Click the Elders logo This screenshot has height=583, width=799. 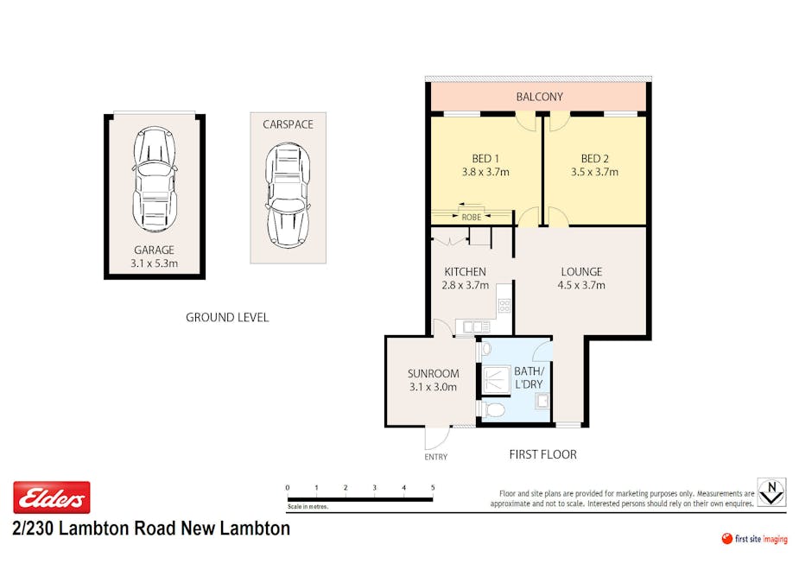pos(52,497)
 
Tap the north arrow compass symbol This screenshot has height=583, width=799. pos(771,491)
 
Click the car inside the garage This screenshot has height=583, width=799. pos(154,180)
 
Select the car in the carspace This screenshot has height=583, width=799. pos(288,196)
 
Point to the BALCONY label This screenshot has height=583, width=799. pos(540,97)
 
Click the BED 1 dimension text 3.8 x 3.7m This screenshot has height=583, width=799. pos(485,172)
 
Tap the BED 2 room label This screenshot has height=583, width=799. pos(594,159)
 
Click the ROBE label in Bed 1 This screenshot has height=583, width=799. pos(472,217)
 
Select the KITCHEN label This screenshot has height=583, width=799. pos(466,271)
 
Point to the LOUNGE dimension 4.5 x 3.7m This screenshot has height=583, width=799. pos(581,285)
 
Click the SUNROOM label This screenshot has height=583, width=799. pos(433,373)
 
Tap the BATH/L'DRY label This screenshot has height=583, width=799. pos(529,377)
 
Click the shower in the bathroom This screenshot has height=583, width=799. pos(495,380)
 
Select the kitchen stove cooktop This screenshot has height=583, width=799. pos(504,306)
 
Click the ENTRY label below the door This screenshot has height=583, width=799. pos(435,457)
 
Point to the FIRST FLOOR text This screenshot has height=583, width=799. pos(543,454)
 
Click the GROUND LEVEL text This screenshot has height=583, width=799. pos(227,318)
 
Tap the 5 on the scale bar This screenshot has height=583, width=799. pos(433,488)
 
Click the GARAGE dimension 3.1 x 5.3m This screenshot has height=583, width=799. pos(154,263)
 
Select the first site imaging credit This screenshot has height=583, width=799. pos(755,539)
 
